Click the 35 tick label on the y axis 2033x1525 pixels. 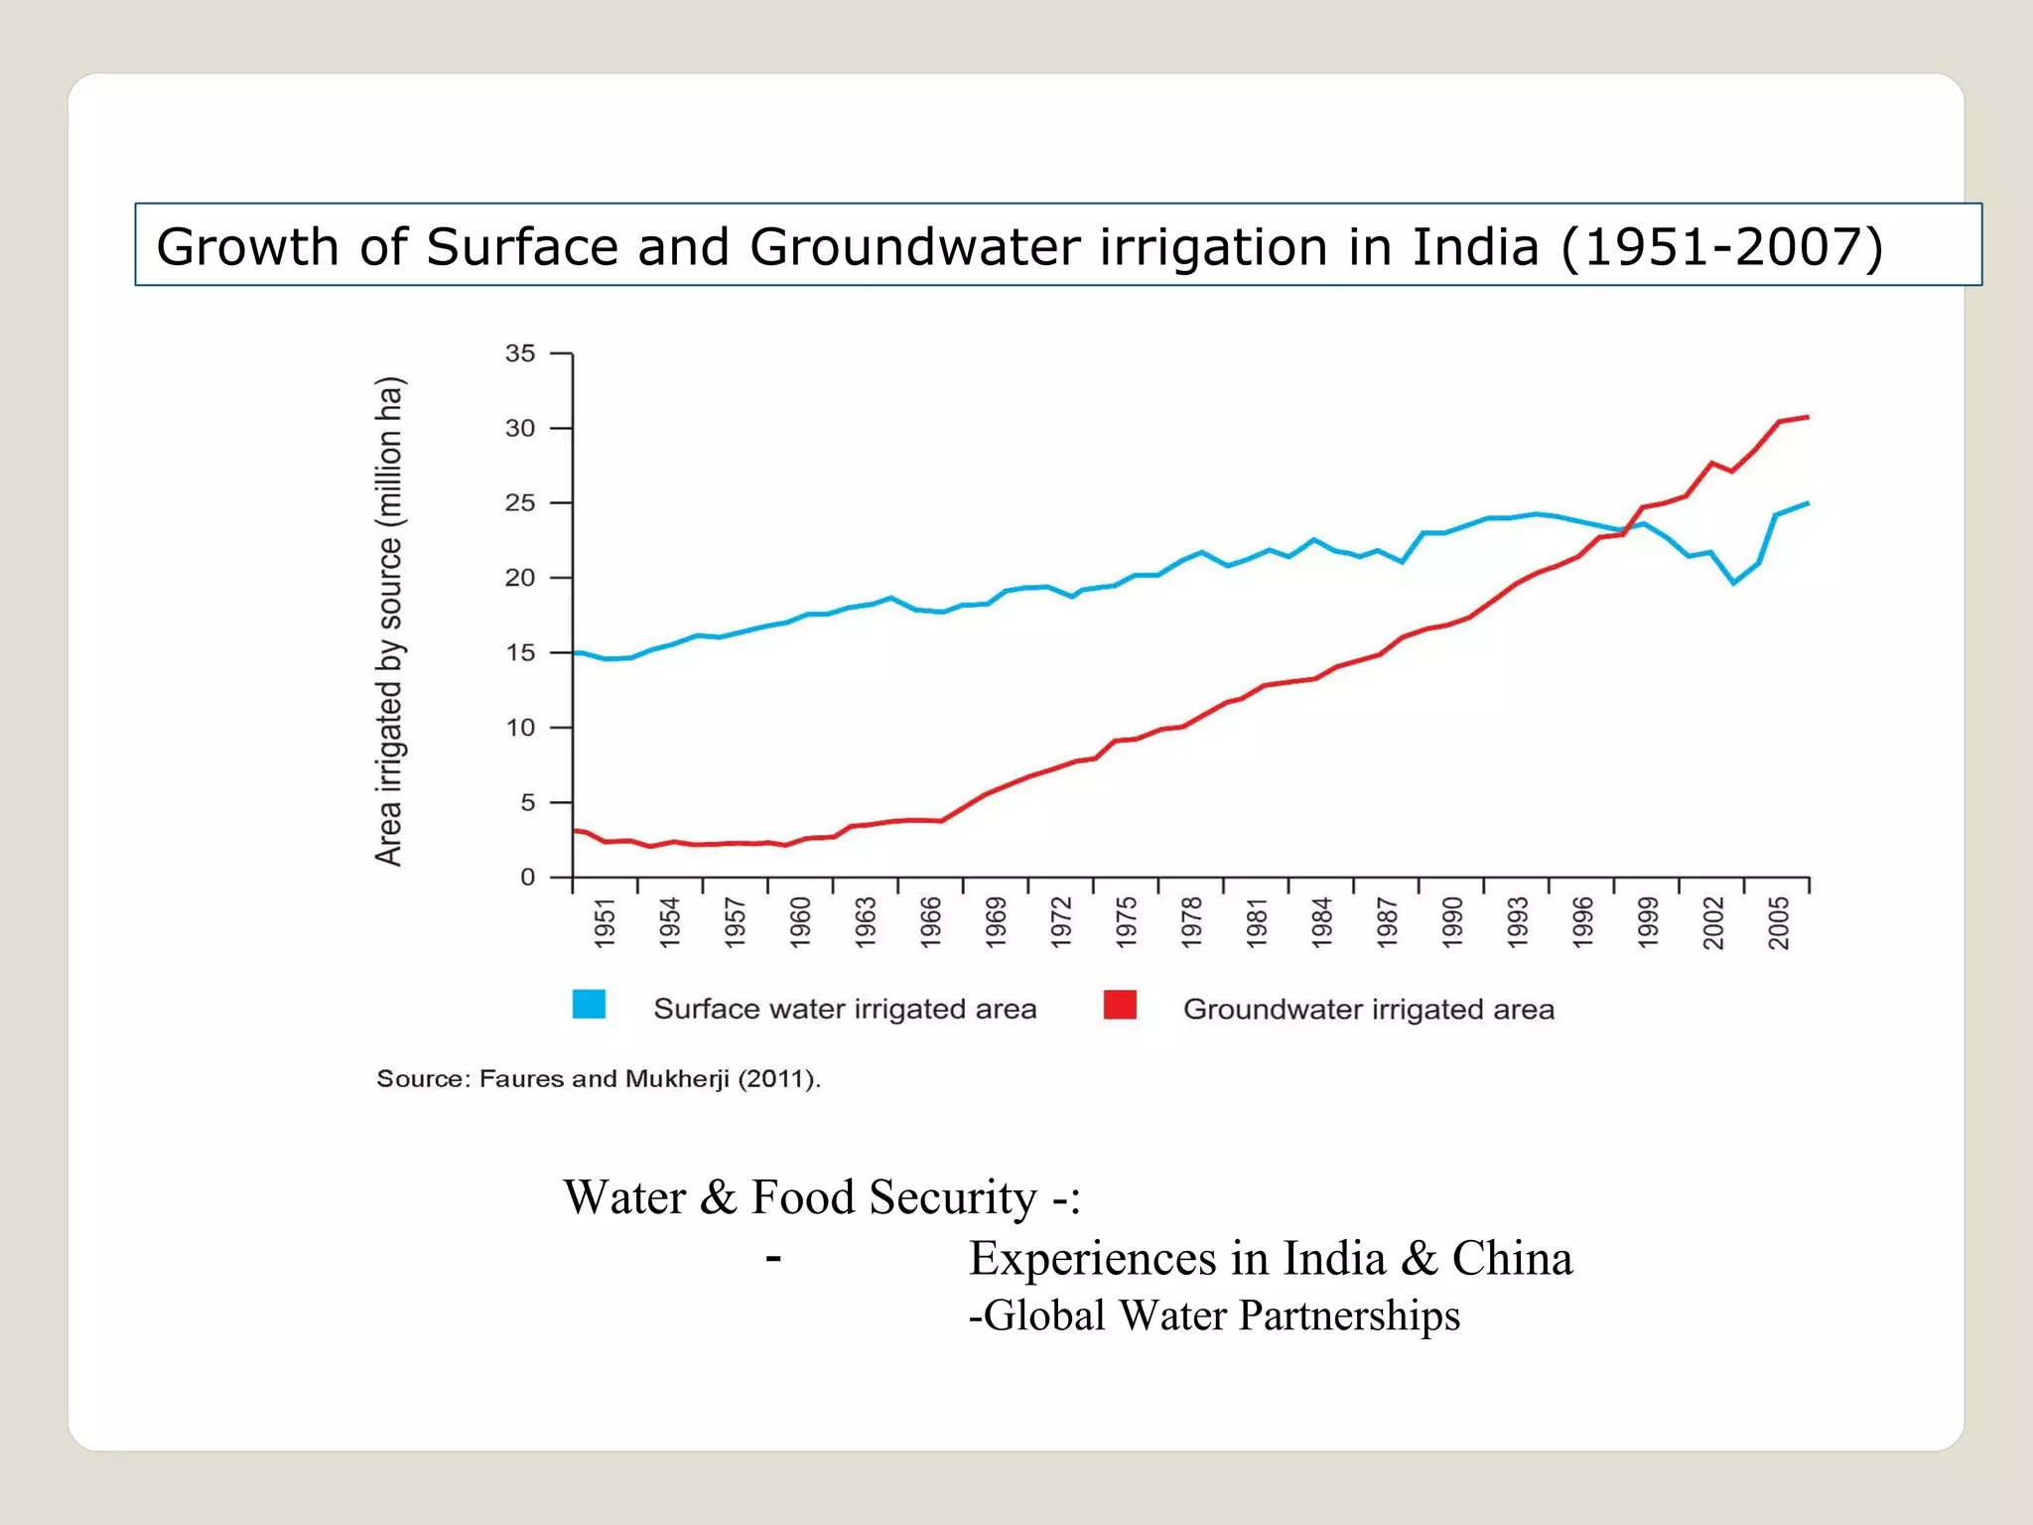coord(519,353)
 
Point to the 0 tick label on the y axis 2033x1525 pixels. coord(527,878)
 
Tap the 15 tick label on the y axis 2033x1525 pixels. coord(519,653)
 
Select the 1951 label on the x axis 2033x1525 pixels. coord(605,922)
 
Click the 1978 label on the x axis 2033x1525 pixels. coord(1191,922)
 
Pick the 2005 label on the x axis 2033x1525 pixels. coord(1778,922)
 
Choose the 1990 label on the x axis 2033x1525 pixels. coord(1452,922)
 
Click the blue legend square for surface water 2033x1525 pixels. coord(589,1005)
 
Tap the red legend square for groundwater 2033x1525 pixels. coord(1120,1005)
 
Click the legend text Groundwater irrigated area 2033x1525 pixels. coord(1368,1010)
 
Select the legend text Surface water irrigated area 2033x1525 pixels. coord(845,1010)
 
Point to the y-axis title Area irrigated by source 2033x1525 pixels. coord(389,621)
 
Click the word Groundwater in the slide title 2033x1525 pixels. coord(913,246)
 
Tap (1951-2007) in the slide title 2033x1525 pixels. coord(1721,246)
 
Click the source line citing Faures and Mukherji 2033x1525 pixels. coord(599,1079)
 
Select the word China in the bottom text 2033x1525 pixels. coord(1512,1259)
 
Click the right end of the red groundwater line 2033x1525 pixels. coord(1808,417)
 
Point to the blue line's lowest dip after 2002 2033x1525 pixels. coord(1734,583)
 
